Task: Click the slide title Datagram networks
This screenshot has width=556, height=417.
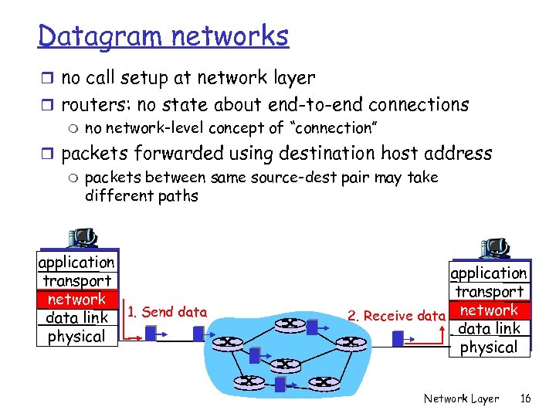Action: pos(163,36)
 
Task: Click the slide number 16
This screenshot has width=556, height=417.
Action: pos(526,398)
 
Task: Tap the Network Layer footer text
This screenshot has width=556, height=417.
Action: pos(461,398)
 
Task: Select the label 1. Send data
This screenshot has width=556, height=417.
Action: pos(168,312)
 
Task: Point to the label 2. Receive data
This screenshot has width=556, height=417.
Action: pos(396,315)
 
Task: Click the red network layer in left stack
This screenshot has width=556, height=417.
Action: pos(76,300)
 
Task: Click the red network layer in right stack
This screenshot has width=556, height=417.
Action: pos(490,310)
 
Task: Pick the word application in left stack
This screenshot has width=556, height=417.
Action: pos(76,263)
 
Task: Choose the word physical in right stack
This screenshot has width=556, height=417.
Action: pos(490,347)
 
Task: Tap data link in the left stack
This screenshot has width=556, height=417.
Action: pos(76,318)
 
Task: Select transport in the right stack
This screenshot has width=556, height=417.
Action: pos(490,292)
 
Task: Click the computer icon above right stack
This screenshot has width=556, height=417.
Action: pos(494,247)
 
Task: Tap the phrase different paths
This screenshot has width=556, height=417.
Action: pos(141,196)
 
